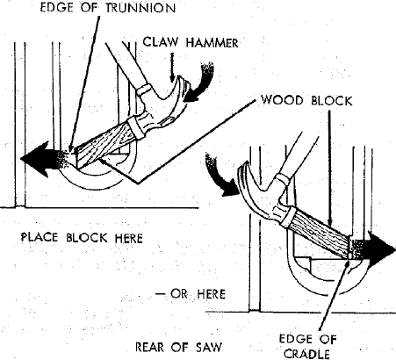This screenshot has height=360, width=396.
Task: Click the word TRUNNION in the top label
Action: [140, 8]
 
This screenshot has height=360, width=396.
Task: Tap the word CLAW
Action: [161, 42]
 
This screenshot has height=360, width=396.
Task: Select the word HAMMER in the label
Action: [212, 43]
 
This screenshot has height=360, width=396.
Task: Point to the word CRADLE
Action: [306, 354]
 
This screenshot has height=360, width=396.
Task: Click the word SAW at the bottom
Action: [208, 347]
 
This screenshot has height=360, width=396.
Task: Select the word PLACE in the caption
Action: [40, 237]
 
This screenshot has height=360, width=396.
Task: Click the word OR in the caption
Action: [179, 294]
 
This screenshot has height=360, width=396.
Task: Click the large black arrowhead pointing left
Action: [34, 159]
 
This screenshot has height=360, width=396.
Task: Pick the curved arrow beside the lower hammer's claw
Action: [220, 176]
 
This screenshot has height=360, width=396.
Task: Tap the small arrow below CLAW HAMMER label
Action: [172, 67]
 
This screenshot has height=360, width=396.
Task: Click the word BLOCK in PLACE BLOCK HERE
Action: [87, 238]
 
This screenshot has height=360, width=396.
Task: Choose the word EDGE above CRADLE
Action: [292, 339]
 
